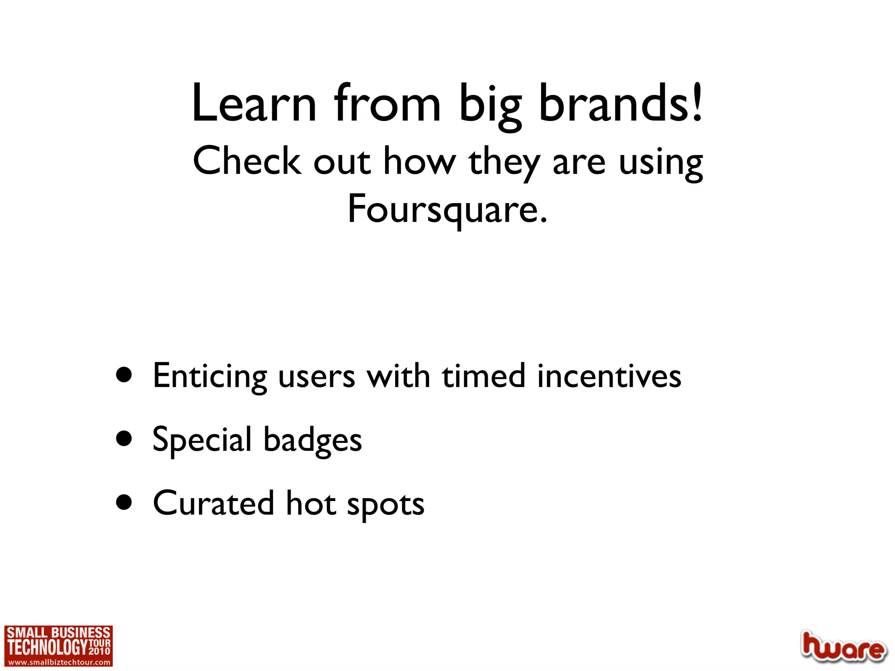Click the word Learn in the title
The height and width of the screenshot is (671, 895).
(254, 104)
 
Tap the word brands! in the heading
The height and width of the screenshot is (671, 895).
(621, 104)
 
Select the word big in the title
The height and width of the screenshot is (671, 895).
(490, 106)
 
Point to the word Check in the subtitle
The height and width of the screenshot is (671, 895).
(247, 161)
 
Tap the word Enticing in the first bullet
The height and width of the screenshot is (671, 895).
(210, 376)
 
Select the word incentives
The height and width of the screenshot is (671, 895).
(609, 376)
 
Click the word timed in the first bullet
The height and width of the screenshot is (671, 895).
(483, 376)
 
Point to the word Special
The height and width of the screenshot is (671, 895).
(202, 440)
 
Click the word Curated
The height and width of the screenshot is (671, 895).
(213, 503)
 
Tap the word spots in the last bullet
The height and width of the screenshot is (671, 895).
(385, 505)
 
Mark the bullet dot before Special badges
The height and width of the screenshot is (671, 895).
(125, 439)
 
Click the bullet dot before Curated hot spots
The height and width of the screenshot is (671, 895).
(125, 502)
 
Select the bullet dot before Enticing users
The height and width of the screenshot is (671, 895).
(125, 375)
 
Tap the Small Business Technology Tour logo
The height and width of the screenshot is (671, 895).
(59, 641)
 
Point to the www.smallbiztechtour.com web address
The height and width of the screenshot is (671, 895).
(59, 662)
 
